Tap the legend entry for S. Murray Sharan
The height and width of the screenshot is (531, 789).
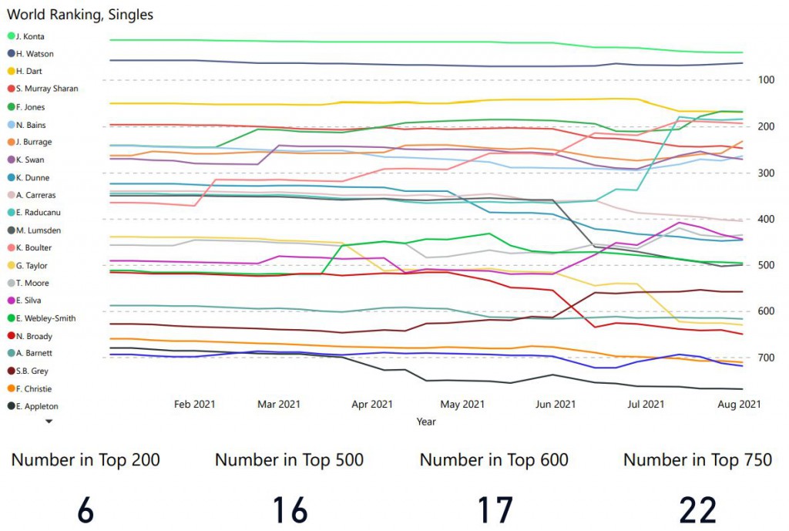(x=46, y=89)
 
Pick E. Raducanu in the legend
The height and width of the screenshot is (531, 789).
(x=39, y=213)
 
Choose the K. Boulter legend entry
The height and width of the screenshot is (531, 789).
(x=35, y=247)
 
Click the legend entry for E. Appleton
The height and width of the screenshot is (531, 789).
(x=37, y=406)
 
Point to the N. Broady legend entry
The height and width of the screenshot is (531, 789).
(x=35, y=336)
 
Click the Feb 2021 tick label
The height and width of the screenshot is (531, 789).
(x=194, y=404)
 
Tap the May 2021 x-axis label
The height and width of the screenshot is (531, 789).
(x=463, y=404)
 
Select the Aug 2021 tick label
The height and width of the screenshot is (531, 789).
(x=740, y=404)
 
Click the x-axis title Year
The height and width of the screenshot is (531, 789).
(x=426, y=422)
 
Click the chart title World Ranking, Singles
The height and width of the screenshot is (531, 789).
(x=80, y=15)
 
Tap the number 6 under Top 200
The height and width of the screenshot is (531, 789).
(x=85, y=509)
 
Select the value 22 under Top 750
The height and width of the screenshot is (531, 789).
(x=697, y=509)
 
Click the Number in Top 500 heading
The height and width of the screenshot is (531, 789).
(x=289, y=461)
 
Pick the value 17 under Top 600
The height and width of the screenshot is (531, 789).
(x=494, y=509)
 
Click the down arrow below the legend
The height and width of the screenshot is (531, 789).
(x=49, y=422)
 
